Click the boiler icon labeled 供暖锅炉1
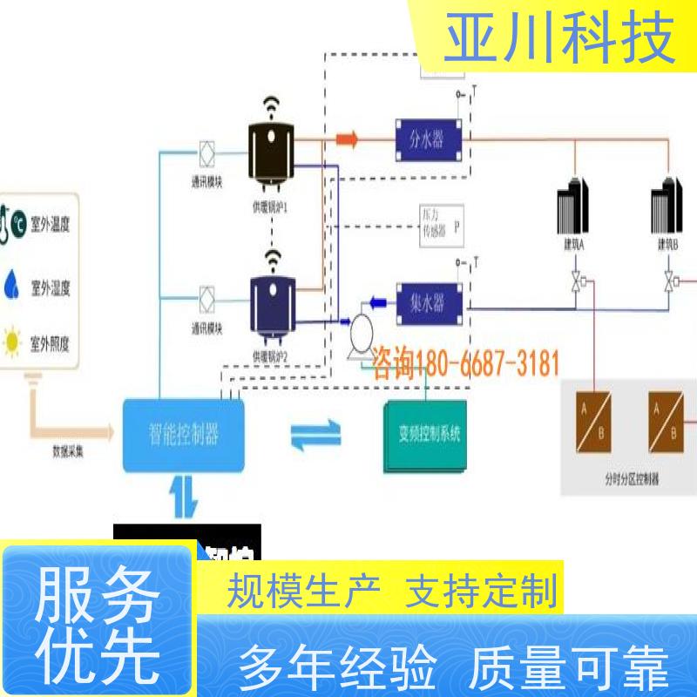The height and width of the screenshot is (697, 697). click(x=271, y=157)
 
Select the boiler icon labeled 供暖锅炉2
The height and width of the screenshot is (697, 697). click(x=272, y=304)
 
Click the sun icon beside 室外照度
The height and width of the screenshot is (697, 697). click(x=13, y=342)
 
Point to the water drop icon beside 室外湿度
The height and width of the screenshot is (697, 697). click(x=12, y=283)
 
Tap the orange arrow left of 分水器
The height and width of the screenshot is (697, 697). click(x=348, y=139)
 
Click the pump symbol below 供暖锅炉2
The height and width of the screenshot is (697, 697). click(x=358, y=333)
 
